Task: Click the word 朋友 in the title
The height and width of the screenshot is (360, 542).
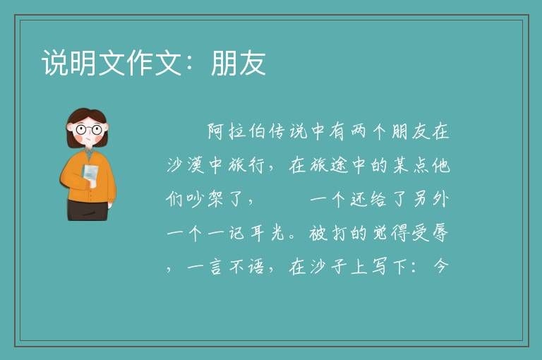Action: pos(239,63)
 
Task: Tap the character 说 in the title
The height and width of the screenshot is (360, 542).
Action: pos(55,63)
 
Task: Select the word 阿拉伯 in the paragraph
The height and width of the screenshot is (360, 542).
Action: pos(236,132)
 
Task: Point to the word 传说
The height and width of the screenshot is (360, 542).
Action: pos(288,132)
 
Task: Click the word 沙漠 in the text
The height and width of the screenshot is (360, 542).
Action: pos(186,165)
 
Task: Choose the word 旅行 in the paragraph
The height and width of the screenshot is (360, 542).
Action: pos(247,165)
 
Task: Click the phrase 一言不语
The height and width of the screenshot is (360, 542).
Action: pos(226,267)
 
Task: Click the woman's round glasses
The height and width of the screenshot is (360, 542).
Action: pos(89,130)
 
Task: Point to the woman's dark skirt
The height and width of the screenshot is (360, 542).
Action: pos(88,210)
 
